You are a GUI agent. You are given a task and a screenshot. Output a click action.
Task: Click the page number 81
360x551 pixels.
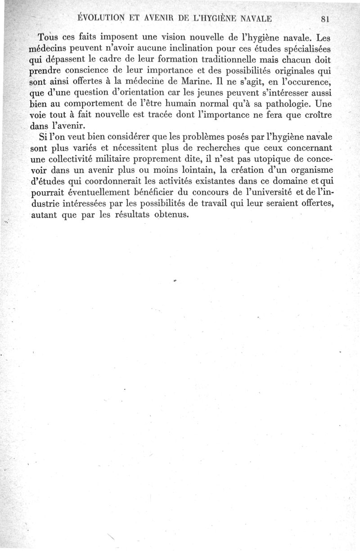click(326, 19)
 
